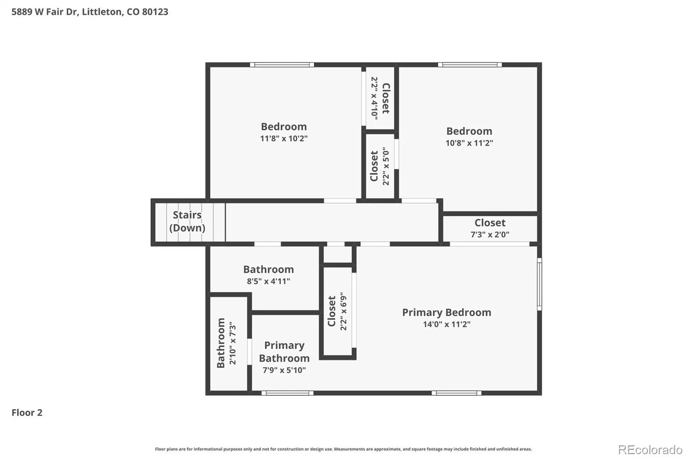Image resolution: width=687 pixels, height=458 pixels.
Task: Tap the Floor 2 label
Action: (27, 412)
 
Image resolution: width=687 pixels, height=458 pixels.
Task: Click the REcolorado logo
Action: (650, 450)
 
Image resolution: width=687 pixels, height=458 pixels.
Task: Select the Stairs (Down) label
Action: (187, 221)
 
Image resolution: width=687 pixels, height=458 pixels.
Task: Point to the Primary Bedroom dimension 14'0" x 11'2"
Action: (447, 324)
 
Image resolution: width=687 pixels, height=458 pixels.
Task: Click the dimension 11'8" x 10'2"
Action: (284, 138)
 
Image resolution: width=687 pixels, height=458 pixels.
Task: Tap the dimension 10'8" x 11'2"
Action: (469, 143)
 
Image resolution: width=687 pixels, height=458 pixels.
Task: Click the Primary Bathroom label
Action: (284, 351)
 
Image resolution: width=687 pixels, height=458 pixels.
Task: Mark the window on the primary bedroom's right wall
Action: (539, 284)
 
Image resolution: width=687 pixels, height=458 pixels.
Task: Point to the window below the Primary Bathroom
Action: (287, 393)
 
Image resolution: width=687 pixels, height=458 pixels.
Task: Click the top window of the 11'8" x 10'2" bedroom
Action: (282, 65)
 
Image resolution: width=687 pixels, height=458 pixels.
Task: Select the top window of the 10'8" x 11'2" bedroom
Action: (470, 65)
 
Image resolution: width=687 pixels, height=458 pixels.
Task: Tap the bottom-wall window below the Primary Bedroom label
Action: (456, 393)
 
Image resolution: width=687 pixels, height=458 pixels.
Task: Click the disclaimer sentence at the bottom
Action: (343, 449)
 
